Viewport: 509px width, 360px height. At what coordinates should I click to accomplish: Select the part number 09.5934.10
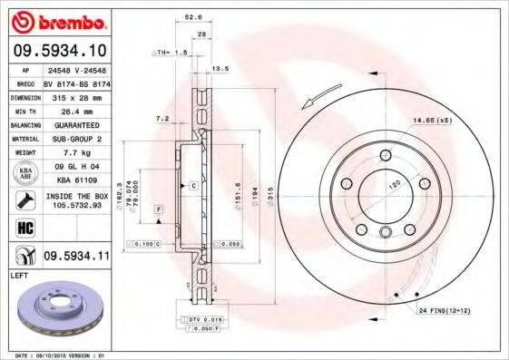(58, 49)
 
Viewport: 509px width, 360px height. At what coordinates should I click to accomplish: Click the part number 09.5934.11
(77, 257)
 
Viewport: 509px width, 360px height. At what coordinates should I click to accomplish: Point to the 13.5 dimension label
(219, 69)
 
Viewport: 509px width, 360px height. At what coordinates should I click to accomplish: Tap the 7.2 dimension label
(162, 118)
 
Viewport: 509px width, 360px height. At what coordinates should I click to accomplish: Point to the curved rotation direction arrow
(325, 92)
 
